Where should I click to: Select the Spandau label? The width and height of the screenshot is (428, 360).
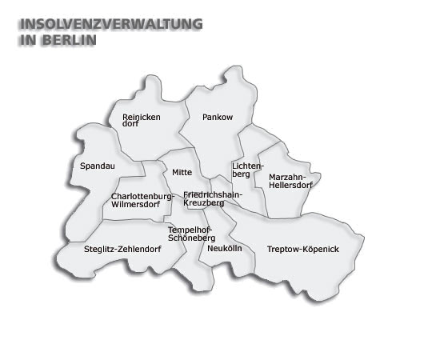pos(98,166)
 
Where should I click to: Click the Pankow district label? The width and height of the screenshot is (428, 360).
pos(218,117)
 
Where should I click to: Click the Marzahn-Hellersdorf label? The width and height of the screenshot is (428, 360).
pos(290,181)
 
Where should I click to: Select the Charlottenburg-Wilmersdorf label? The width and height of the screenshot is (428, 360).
pos(142,200)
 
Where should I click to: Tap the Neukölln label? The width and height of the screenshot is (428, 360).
pos(224,249)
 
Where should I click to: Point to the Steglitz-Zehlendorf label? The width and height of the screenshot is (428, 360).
pos(122,249)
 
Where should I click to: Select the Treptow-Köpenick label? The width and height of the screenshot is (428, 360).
pos(302,250)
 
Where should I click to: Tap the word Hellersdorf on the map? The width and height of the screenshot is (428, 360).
pos(290,186)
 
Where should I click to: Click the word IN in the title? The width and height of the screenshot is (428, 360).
pos(26,39)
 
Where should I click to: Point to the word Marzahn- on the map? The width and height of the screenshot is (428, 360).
pos(286,176)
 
